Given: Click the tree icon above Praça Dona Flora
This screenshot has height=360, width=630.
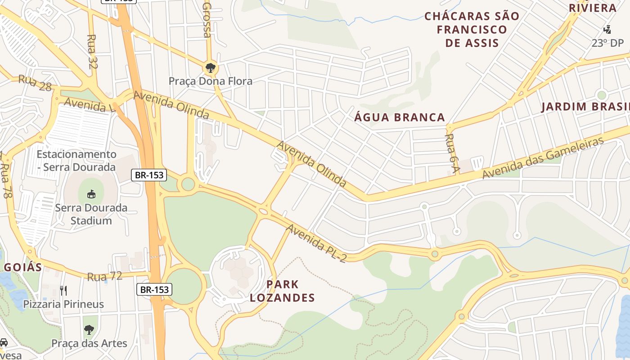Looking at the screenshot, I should click(210, 68).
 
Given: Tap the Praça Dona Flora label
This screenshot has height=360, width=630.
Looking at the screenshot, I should click(210, 81).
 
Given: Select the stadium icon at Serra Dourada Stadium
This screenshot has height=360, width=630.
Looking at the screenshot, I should click(91, 194).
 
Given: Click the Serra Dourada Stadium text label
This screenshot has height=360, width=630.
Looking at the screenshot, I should click(91, 214).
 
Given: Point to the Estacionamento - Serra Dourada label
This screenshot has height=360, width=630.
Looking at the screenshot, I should click(76, 161).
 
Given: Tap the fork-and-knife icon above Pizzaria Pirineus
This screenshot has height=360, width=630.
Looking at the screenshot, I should click(63, 290).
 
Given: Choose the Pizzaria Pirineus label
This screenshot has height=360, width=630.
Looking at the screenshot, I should click(63, 304).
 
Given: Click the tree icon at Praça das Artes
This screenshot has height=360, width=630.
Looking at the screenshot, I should click(89, 330).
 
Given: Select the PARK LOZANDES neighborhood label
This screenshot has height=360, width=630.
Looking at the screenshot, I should click(282, 291).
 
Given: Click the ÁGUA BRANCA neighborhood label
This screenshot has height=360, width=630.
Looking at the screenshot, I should click(400, 117).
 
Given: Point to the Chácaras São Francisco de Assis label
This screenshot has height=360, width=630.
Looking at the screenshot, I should click(472, 30).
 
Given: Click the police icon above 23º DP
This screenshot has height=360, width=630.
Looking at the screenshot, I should click(607, 30).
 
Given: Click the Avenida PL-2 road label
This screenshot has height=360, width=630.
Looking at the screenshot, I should click(316, 243).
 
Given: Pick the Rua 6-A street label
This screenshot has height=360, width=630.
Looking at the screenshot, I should click(452, 153).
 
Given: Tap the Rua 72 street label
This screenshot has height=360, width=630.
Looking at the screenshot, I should click(104, 276).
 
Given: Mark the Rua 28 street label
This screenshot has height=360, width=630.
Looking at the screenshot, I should click(35, 83).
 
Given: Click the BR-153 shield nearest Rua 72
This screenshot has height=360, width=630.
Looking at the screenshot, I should click(154, 290).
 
